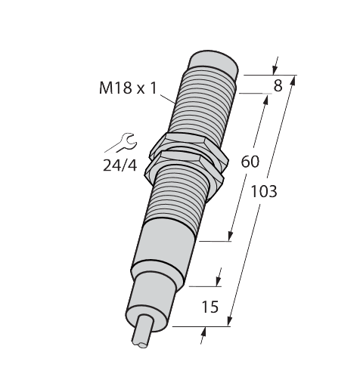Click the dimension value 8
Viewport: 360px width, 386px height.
coord(278,86)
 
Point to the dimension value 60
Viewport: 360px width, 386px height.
coord(250,161)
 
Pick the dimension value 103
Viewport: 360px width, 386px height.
coord(263,191)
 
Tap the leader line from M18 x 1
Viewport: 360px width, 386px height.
coord(168,95)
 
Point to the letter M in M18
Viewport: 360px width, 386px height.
coord(106,88)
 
